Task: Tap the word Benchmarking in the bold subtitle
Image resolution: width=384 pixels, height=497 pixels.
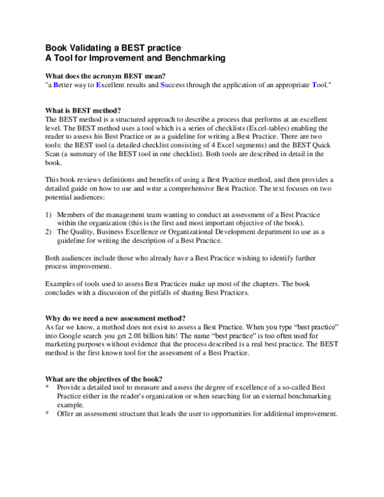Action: click(x=191, y=58)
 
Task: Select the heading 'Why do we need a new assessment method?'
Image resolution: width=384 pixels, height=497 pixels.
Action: click(x=116, y=318)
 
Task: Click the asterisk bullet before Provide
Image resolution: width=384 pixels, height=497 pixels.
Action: click(x=48, y=387)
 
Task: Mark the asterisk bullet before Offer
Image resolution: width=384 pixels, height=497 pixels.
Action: click(x=48, y=413)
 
